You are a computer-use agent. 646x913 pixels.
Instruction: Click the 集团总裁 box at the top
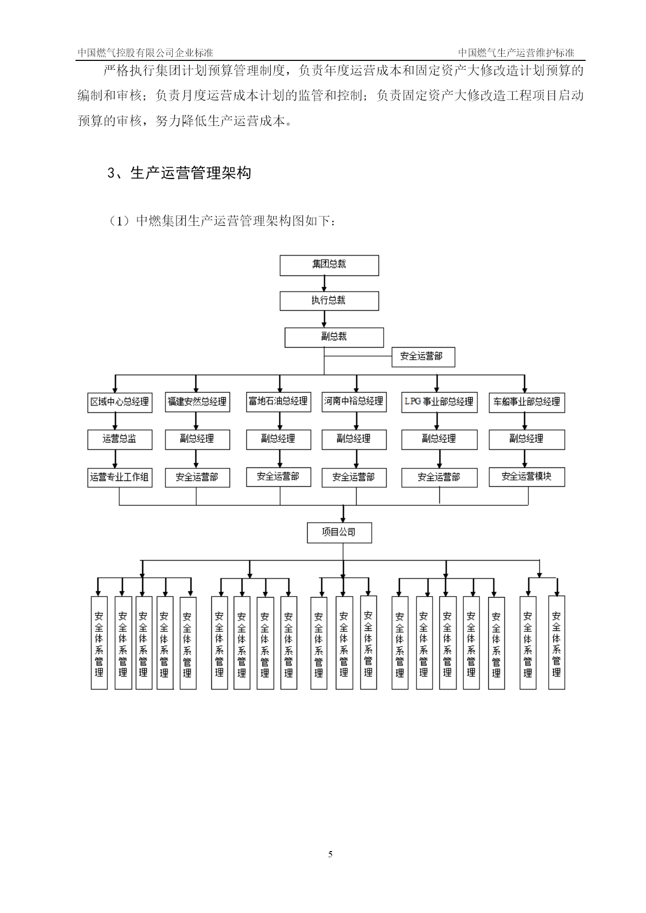329,265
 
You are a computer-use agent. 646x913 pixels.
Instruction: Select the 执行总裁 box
329,301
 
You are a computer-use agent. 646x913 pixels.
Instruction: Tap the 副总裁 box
334,337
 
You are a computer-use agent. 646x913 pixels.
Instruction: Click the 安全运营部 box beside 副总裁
423,357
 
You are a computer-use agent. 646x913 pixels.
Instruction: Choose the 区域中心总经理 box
120,402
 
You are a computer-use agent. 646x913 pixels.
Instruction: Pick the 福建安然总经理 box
197,402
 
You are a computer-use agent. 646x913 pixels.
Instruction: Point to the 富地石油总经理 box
278,402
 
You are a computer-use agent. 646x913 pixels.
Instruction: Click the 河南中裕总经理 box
354,402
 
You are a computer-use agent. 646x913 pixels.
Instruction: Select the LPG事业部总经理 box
439,402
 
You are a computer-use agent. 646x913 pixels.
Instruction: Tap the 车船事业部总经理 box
527,402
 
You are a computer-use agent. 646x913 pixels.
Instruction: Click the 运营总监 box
120,440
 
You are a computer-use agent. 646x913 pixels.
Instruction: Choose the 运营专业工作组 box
120,477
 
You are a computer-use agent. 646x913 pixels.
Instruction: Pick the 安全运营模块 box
527,477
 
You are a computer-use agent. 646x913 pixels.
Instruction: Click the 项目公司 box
339,533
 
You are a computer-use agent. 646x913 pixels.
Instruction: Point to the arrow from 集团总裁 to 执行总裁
325,283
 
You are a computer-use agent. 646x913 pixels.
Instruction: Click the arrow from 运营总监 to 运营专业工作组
115,459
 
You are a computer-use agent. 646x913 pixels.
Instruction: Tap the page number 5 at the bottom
331,854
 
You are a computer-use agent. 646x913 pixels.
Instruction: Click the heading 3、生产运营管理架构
179,173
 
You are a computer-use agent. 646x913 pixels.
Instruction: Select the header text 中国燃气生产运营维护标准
516,53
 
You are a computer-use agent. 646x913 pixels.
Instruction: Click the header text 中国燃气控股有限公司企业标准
145,53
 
